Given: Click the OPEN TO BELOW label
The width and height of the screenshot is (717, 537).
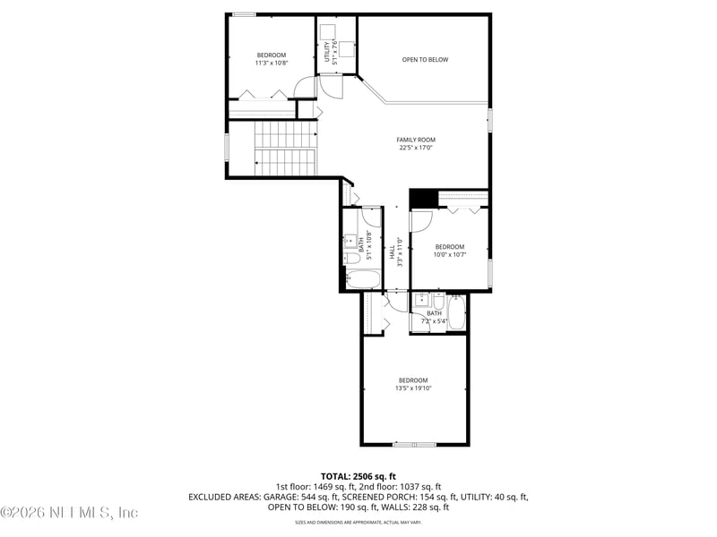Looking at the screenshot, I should pyautogui.click(x=425, y=60).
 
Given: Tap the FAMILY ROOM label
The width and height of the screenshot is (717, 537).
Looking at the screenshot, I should pyautogui.click(x=416, y=140).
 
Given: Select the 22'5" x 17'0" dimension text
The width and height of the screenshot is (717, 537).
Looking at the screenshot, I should pyautogui.click(x=416, y=148).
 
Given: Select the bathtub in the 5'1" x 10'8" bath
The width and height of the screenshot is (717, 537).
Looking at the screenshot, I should pyautogui.click(x=362, y=278).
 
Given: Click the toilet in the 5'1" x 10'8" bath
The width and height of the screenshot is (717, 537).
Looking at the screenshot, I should pyautogui.click(x=351, y=260).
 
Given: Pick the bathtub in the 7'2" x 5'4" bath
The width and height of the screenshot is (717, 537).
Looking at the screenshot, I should pyautogui.click(x=457, y=314).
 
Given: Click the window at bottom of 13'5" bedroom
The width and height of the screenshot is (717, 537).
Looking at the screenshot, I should pyautogui.click(x=415, y=444).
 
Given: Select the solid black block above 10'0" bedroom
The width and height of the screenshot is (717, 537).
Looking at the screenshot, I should pyautogui.click(x=421, y=197).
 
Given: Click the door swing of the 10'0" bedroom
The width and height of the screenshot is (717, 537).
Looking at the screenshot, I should pyautogui.click(x=422, y=220).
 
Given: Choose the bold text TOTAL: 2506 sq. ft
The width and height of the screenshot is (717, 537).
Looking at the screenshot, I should pyautogui.click(x=358, y=476).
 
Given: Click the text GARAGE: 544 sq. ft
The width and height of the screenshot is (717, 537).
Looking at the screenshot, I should pyautogui.click(x=307, y=497).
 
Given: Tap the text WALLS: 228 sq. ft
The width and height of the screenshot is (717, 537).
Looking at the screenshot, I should pyautogui.click(x=415, y=507).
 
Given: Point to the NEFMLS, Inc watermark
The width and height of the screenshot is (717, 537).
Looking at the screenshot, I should pyautogui.click(x=70, y=513).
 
